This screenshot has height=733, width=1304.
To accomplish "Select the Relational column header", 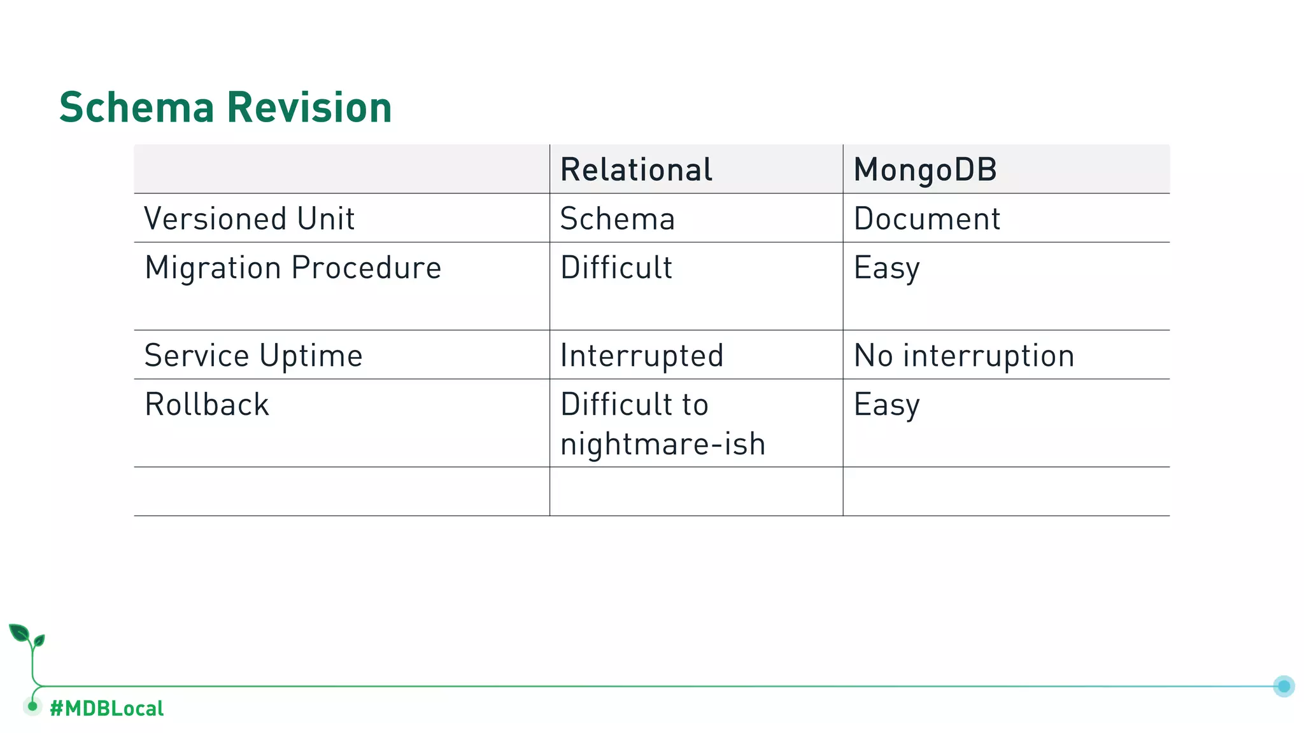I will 636,170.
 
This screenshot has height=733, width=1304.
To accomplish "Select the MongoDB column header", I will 925,170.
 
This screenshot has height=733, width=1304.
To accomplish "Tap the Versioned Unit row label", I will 249,219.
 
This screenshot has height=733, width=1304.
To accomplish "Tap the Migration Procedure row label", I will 293,268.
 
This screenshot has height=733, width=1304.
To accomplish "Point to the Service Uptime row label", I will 253,356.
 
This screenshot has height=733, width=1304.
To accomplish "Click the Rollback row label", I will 207,405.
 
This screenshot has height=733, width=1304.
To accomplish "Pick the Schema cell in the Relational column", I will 617,219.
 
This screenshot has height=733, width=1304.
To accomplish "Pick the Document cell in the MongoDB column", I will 926,219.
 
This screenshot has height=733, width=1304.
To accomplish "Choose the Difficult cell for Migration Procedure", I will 616,268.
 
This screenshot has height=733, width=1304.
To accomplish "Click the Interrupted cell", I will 641,356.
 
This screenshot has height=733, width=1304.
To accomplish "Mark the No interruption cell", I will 963,356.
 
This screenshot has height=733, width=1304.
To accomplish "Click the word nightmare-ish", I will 662,444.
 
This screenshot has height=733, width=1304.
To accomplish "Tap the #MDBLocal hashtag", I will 106,708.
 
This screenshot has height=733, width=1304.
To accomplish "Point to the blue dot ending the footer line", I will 1284,686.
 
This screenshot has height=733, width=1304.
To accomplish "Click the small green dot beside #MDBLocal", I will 32,706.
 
